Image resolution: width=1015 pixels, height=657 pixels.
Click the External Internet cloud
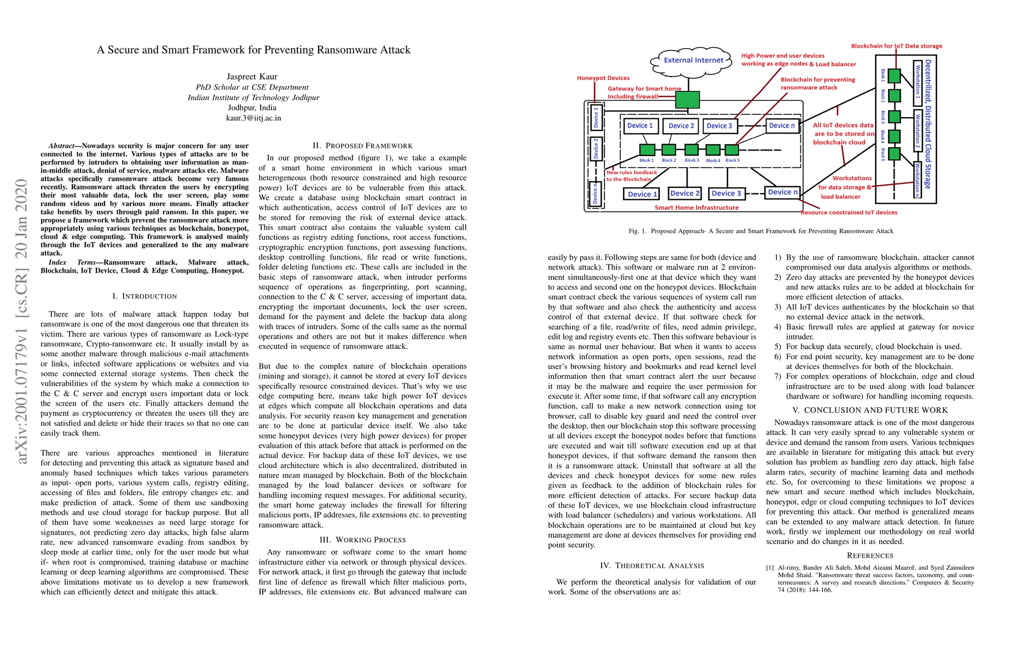(x=693, y=61)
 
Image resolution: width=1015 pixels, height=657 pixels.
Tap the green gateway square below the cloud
(x=687, y=100)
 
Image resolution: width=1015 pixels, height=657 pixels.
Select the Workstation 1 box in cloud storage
(x=918, y=84)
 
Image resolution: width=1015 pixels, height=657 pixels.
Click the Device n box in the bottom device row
(x=783, y=192)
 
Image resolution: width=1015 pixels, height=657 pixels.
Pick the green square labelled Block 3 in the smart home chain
(x=691, y=149)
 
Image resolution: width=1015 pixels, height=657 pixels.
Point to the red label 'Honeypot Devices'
(x=603, y=78)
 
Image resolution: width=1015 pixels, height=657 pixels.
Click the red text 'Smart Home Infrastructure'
(x=696, y=208)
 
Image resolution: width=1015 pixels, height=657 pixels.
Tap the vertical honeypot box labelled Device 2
(x=596, y=148)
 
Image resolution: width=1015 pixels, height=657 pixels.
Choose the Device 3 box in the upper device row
(x=719, y=126)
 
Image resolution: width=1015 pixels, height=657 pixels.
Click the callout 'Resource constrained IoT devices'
(x=849, y=212)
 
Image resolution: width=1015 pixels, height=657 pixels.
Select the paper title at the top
(x=253, y=50)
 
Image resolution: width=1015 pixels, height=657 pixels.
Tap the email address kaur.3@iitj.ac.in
(x=253, y=118)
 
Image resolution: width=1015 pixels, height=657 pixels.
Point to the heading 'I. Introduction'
(x=145, y=296)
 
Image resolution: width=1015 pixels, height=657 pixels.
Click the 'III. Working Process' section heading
(x=362, y=540)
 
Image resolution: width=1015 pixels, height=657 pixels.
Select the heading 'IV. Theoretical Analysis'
(x=651, y=566)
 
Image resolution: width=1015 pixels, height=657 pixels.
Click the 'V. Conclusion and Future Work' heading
(x=870, y=410)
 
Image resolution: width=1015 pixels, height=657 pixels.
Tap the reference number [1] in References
(x=770, y=568)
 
